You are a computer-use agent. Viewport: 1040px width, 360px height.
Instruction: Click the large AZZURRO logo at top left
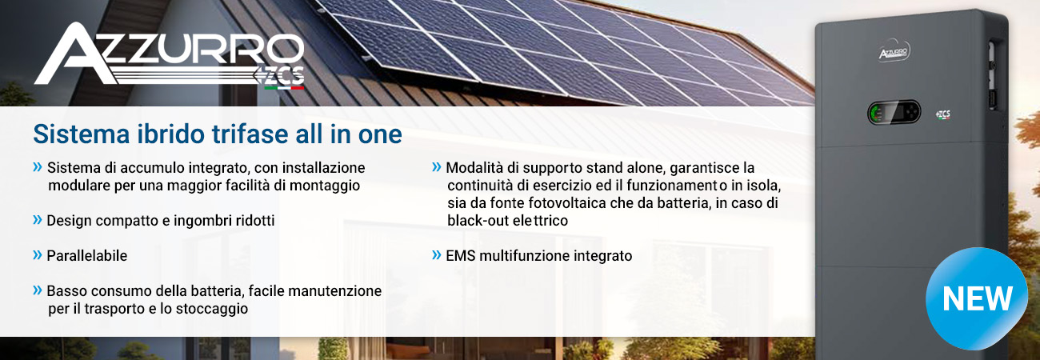pos(170,55)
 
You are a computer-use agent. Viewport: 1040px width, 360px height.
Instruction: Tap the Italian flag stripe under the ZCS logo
pos(284,87)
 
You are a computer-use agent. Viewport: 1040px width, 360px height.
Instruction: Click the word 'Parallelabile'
pos(87,255)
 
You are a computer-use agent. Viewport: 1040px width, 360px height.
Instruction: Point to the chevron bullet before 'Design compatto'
pos(37,220)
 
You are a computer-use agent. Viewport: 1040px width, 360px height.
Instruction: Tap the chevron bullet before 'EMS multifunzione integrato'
pos(437,254)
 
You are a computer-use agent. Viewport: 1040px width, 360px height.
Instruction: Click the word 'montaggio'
pos(325,186)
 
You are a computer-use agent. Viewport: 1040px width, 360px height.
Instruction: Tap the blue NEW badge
pos(977,298)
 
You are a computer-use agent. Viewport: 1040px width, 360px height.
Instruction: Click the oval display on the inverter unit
pos(894,113)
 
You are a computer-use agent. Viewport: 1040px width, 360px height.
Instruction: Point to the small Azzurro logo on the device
pos(894,53)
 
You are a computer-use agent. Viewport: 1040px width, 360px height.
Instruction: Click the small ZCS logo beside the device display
pos(943,114)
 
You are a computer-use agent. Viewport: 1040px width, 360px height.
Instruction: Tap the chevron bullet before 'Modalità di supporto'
pos(437,166)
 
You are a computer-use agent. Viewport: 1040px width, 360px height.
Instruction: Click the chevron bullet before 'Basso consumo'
pos(37,290)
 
